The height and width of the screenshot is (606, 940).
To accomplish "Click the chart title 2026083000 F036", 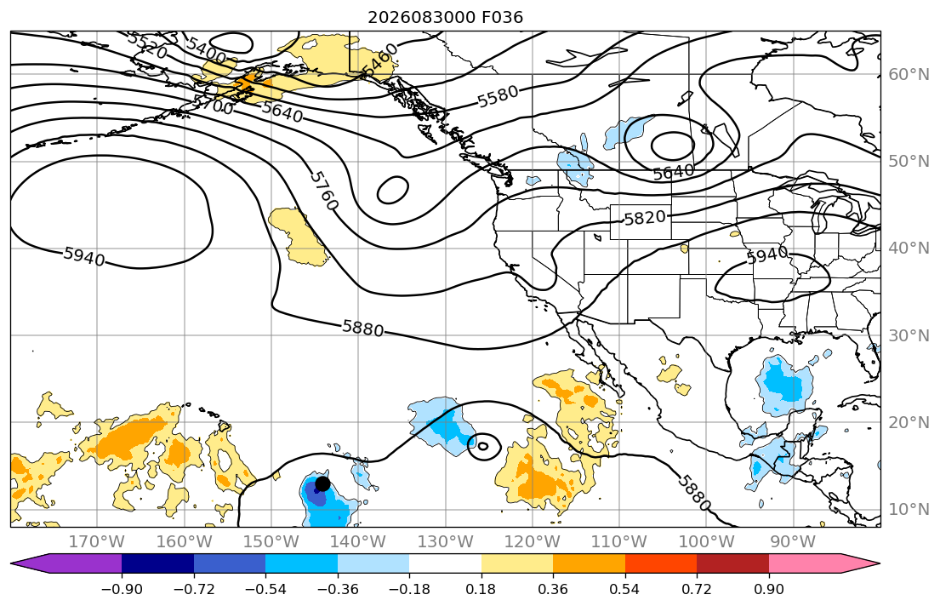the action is (x=445, y=17).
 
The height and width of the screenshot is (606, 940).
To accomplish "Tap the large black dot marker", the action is (x=322, y=483).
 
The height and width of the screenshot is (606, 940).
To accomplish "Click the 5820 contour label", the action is (x=645, y=218).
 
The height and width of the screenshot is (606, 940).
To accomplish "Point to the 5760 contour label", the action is (x=324, y=191).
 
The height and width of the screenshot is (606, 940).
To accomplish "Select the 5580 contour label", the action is (x=498, y=96).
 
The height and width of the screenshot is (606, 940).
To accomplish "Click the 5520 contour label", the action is (x=147, y=45).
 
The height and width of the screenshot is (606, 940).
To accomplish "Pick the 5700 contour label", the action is (x=213, y=105).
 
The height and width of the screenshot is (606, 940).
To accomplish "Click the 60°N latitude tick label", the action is (x=909, y=74).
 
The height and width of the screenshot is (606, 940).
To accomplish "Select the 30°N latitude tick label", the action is (x=909, y=335).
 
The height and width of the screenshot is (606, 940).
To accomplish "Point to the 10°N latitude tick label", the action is (x=909, y=510).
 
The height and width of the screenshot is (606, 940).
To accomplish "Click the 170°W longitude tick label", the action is (x=97, y=542).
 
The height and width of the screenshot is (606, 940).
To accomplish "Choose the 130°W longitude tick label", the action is (x=446, y=542).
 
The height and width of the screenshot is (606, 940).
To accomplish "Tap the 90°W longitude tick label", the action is (x=793, y=542).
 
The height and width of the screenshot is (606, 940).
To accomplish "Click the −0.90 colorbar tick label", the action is (x=122, y=589).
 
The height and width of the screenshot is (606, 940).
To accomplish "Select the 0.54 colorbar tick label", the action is (x=624, y=589).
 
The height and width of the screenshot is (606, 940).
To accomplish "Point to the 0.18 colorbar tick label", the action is (x=481, y=589).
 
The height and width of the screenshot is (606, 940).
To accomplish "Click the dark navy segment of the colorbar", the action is (x=157, y=563).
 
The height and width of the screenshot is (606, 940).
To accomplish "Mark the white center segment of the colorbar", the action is (x=446, y=563).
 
